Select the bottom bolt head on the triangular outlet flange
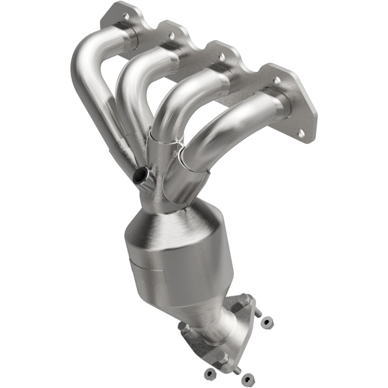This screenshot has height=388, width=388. (x=224, y=358)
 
